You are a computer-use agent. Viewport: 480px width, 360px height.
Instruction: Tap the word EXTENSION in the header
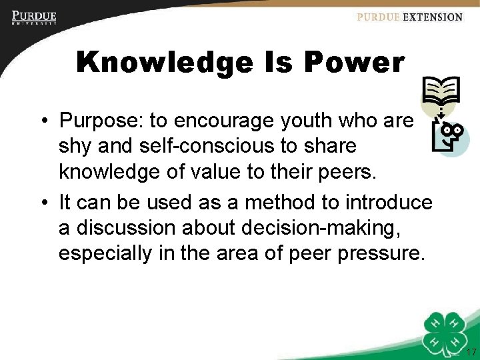(432, 17)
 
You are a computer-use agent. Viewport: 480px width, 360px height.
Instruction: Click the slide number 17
(471, 352)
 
